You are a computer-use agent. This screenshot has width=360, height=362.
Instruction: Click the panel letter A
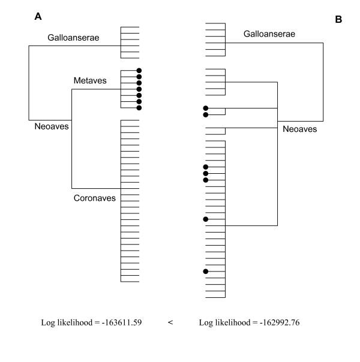click(38, 17)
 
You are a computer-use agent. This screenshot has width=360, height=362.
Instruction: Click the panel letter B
click(338, 20)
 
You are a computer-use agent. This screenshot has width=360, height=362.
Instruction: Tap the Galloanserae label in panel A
click(73, 38)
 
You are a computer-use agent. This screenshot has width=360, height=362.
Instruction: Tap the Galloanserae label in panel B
click(269, 34)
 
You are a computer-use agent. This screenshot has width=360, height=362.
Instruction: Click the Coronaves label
click(94, 197)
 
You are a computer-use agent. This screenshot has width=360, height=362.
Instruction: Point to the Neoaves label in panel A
click(52, 126)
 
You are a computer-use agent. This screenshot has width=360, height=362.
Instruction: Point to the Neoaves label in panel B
click(299, 129)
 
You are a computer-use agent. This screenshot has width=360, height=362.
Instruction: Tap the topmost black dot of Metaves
click(139, 70)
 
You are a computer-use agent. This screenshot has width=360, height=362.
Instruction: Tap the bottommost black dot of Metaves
click(139, 108)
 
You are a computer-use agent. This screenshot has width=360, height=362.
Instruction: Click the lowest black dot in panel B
click(206, 271)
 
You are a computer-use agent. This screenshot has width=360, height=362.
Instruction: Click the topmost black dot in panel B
click(206, 108)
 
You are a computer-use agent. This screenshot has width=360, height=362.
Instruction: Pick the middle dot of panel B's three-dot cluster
click(206, 173)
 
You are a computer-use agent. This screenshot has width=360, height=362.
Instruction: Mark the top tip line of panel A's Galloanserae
click(130, 27)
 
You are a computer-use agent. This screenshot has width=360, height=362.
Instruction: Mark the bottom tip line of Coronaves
click(130, 282)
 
